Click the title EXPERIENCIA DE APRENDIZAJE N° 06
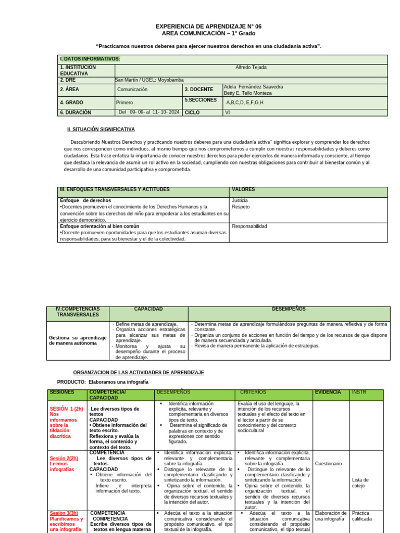208,26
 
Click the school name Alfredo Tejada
251,68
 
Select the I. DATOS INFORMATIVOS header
90,59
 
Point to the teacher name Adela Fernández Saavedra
253,86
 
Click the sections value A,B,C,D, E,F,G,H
245,103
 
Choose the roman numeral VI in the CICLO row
228,112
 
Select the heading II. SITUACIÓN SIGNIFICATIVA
101,129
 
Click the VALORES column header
243,189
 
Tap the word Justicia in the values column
240,200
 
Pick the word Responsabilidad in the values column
249,226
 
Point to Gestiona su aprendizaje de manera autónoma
78,340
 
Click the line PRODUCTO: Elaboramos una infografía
103,382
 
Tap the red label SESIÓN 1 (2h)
66,409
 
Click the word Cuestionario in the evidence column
328,463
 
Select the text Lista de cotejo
360,483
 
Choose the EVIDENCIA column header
328,392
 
